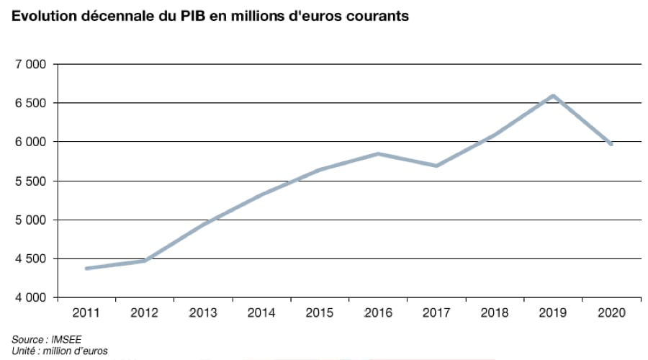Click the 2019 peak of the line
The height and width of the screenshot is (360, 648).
coord(552,96)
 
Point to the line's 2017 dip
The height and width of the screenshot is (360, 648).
coord(436,166)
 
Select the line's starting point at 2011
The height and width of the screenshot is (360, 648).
coord(86,269)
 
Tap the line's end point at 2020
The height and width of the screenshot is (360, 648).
coord(611,144)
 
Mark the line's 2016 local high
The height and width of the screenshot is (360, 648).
coord(378,153)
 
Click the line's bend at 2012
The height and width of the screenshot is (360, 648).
coord(145,261)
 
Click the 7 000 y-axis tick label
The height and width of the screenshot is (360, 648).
coord(31,65)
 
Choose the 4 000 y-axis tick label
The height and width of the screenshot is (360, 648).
coord(31,297)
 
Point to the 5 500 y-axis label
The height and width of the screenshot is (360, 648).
coord(31,181)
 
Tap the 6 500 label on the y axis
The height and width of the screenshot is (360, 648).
coord(31,104)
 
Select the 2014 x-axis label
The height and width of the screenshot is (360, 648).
coord(261,313)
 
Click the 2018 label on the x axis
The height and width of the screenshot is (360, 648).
coord(495,313)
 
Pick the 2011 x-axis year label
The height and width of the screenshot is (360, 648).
coord(86,313)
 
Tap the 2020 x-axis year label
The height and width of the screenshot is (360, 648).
coord(611,313)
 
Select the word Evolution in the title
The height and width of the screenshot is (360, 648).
coord(40,16)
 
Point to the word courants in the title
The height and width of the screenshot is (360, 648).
coord(381,16)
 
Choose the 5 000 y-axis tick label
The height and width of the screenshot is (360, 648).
coord(31,220)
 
